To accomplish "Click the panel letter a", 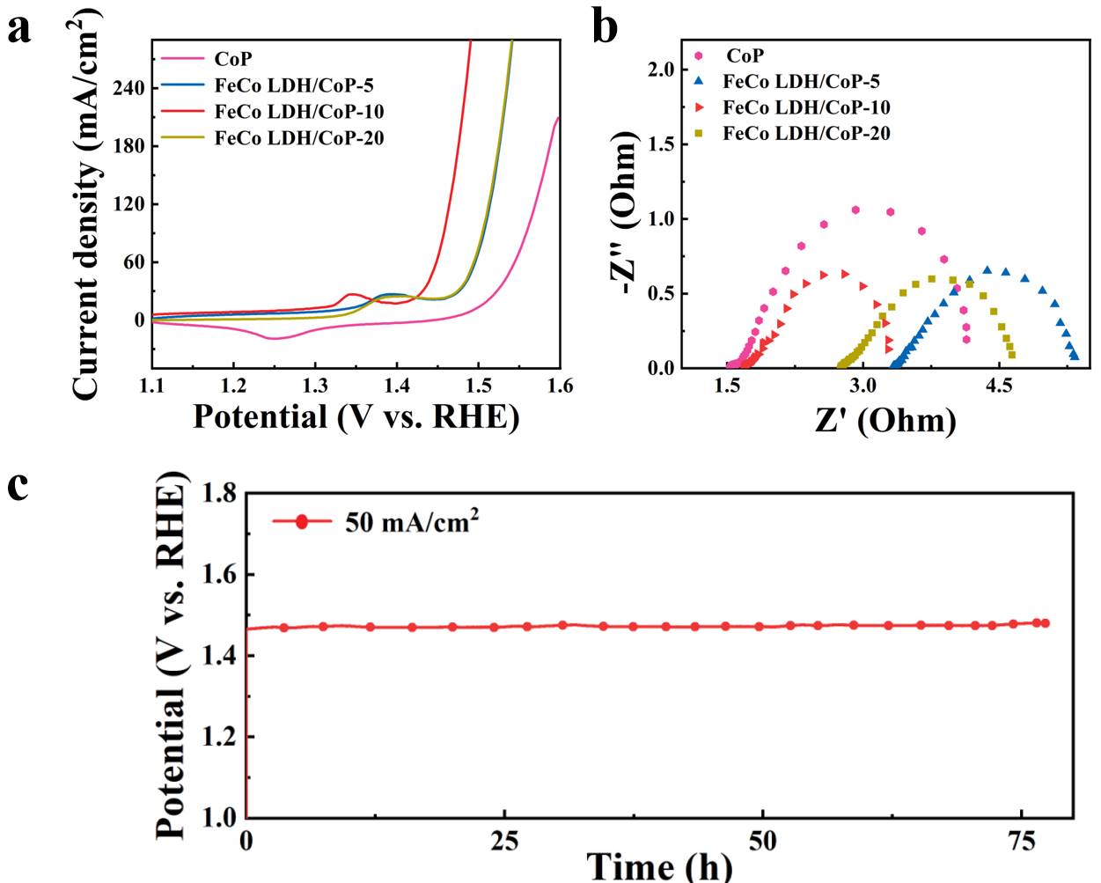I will (x=19, y=28).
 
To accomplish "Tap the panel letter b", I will (x=606, y=26).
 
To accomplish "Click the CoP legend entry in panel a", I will (x=233, y=59).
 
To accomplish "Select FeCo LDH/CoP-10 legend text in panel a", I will (x=299, y=112).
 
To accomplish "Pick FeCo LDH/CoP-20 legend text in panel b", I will (x=806, y=134).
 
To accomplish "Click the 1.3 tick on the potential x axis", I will (x=314, y=385).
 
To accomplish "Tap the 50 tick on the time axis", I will (x=762, y=840).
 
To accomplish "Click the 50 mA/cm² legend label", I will (x=411, y=522).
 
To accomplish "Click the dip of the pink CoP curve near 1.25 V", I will (x=273, y=338).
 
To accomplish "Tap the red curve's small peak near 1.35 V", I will (x=351, y=294).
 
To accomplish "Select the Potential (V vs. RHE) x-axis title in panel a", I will (x=356, y=416).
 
